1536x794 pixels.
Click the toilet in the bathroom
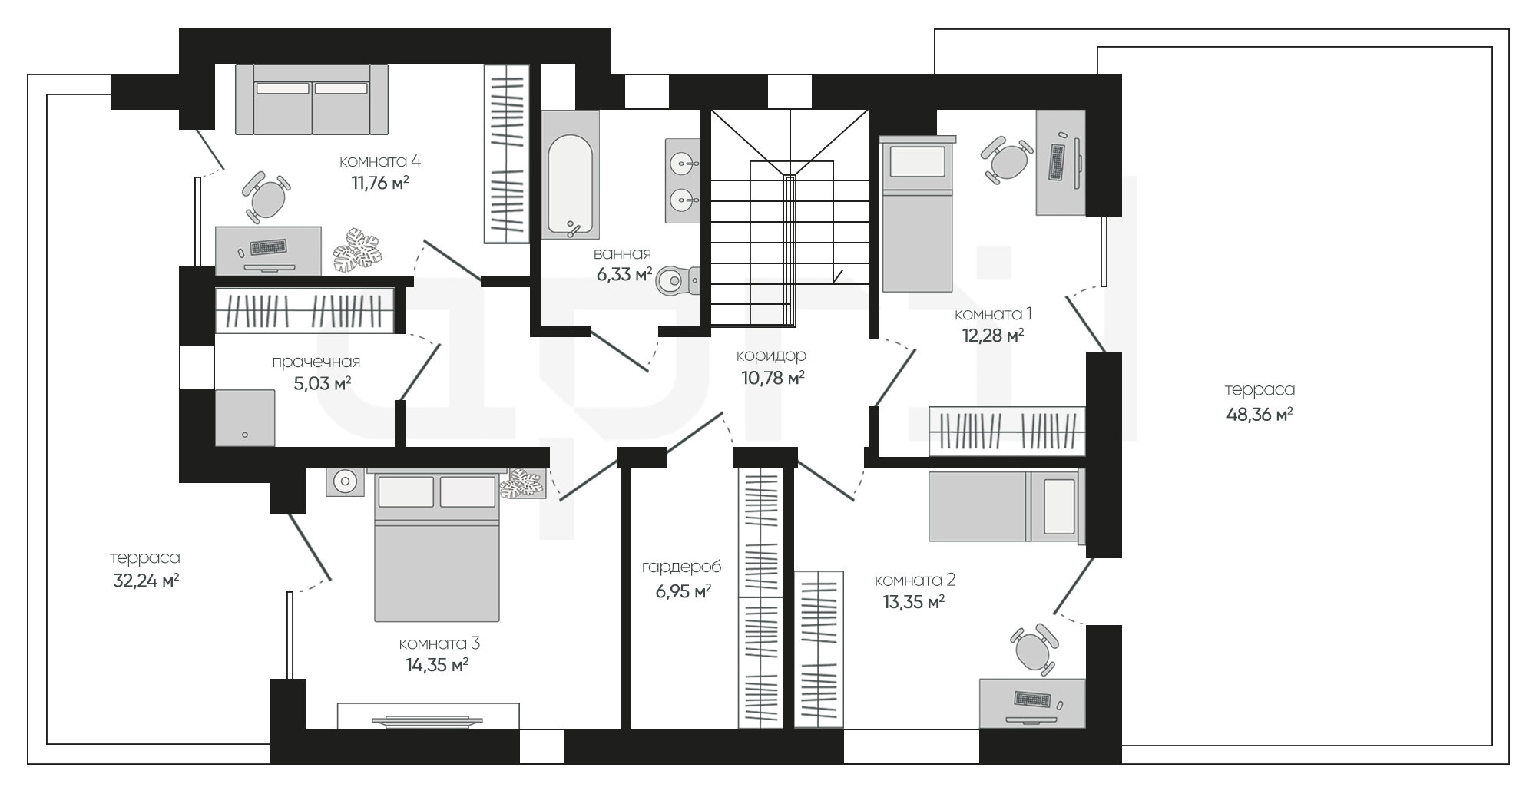tap(678, 280)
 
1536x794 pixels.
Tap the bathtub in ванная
tap(570, 174)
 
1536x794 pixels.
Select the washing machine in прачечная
tap(245, 418)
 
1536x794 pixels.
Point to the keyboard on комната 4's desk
tap(267, 247)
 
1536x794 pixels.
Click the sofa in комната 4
tap(312, 99)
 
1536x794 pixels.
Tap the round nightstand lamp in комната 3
tap(345, 481)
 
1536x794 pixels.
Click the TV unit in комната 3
tap(429, 716)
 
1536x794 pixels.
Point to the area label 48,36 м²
tap(1260, 415)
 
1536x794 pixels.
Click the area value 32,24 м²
tap(146, 581)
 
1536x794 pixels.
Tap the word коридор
tap(771, 356)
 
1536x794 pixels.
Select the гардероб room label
tap(682, 567)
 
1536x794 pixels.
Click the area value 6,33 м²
tap(624, 274)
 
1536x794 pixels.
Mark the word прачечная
tap(316, 362)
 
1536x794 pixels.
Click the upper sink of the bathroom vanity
tap(682, 163)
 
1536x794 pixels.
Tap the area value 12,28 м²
tap(993, 335)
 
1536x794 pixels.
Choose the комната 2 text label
tap(915, 581)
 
